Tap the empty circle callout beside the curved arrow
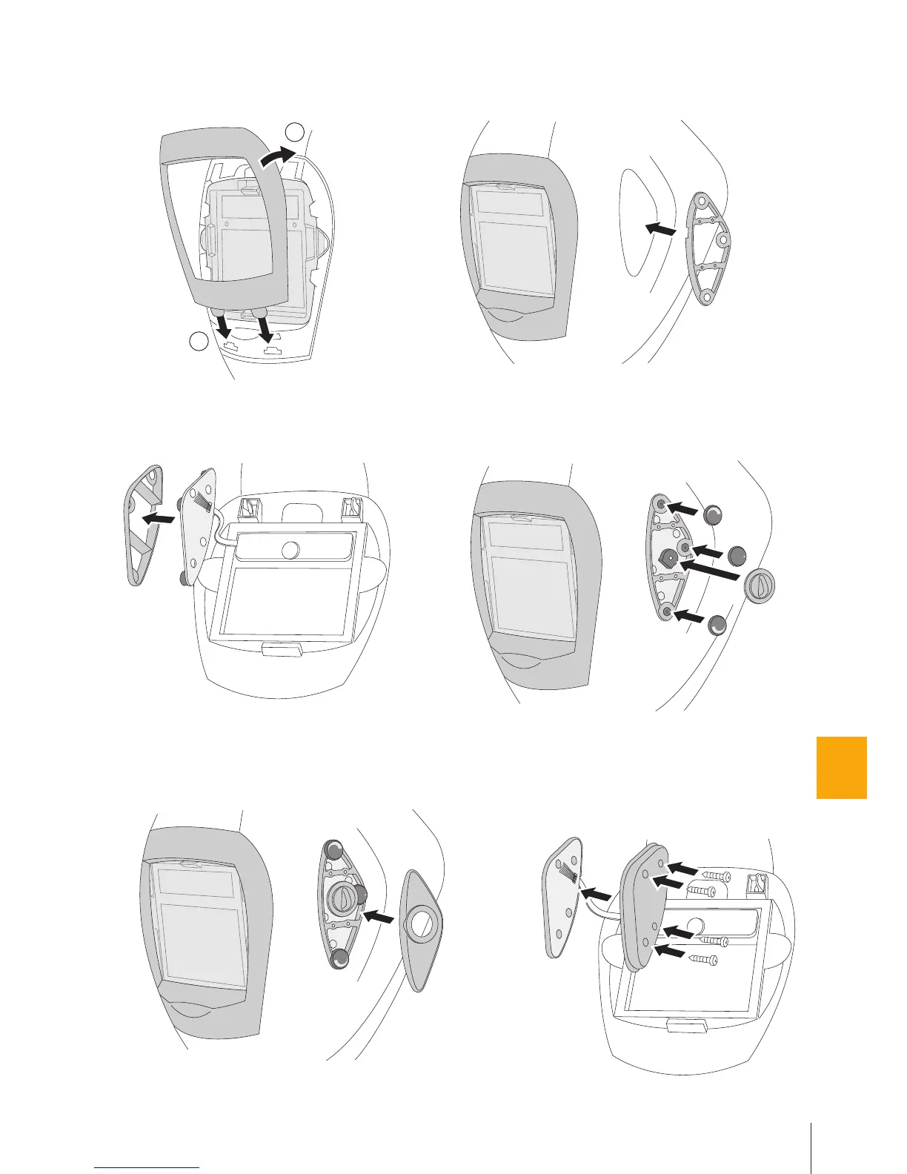click(x=295, y=132)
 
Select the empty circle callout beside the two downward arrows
click(x=198, y=342)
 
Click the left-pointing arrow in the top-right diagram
click(x=660, y=231)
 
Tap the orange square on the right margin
click(x=841, y=767)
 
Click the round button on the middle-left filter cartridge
click(x=290, y=549)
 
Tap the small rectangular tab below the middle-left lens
click(x=281, y=651)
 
